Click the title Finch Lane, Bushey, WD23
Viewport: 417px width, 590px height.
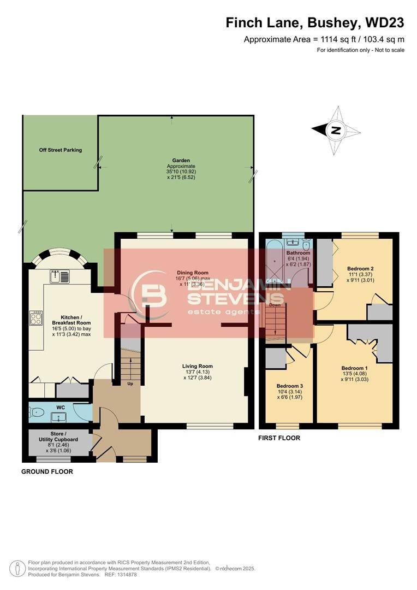[315, 22]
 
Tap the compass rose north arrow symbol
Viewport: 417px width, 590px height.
[336, 130]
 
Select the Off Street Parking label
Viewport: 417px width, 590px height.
[60, 150]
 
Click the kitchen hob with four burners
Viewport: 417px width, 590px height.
[36, 318]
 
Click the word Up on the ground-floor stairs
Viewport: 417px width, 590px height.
[130, 383]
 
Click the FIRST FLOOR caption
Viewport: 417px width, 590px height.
[279, 438]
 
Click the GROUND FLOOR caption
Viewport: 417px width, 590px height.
[47, 471]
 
